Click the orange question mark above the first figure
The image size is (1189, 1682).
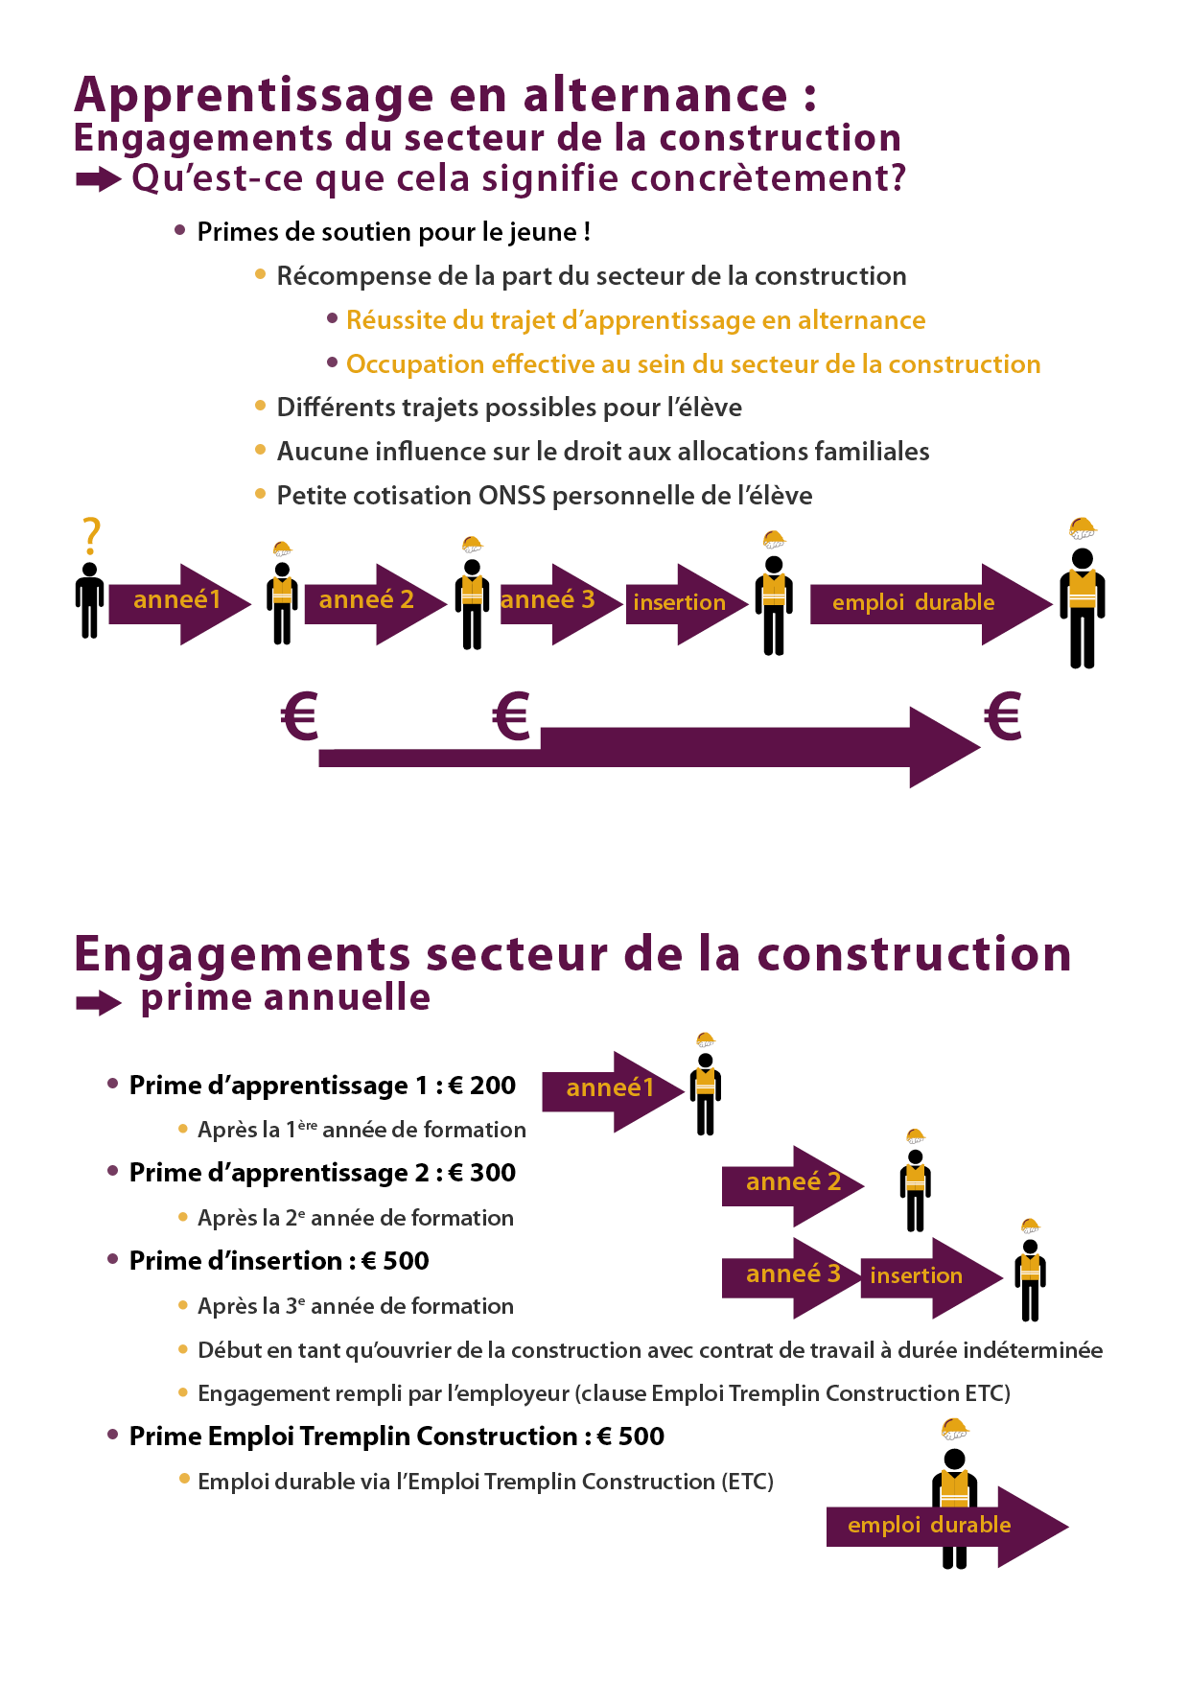click(x=91, y=536)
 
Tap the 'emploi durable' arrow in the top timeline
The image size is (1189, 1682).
click(x=931, y=604)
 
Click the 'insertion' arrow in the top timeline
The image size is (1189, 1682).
click(x=687, y=604)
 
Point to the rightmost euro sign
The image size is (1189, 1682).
click(x=1003, y=715)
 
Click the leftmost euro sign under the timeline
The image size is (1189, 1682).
click(x=299, y=715)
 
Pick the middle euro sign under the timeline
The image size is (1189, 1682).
click(x=511, y=715)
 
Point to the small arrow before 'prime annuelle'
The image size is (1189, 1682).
click(x=99, y=1003)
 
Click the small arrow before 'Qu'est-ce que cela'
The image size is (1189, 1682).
click(x=99, y=179)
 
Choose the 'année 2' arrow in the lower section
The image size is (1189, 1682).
click(x=793, y=1186)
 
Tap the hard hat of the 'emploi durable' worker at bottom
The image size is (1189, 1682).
click(x=955, y=1430)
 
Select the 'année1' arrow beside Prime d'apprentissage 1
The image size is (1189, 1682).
click(x=614, y=1091)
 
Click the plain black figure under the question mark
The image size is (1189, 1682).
click(x=90, y=600)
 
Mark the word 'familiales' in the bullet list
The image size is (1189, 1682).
click(x=872, y=452)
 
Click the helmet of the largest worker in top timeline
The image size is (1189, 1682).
click(x=1083, y=528)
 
